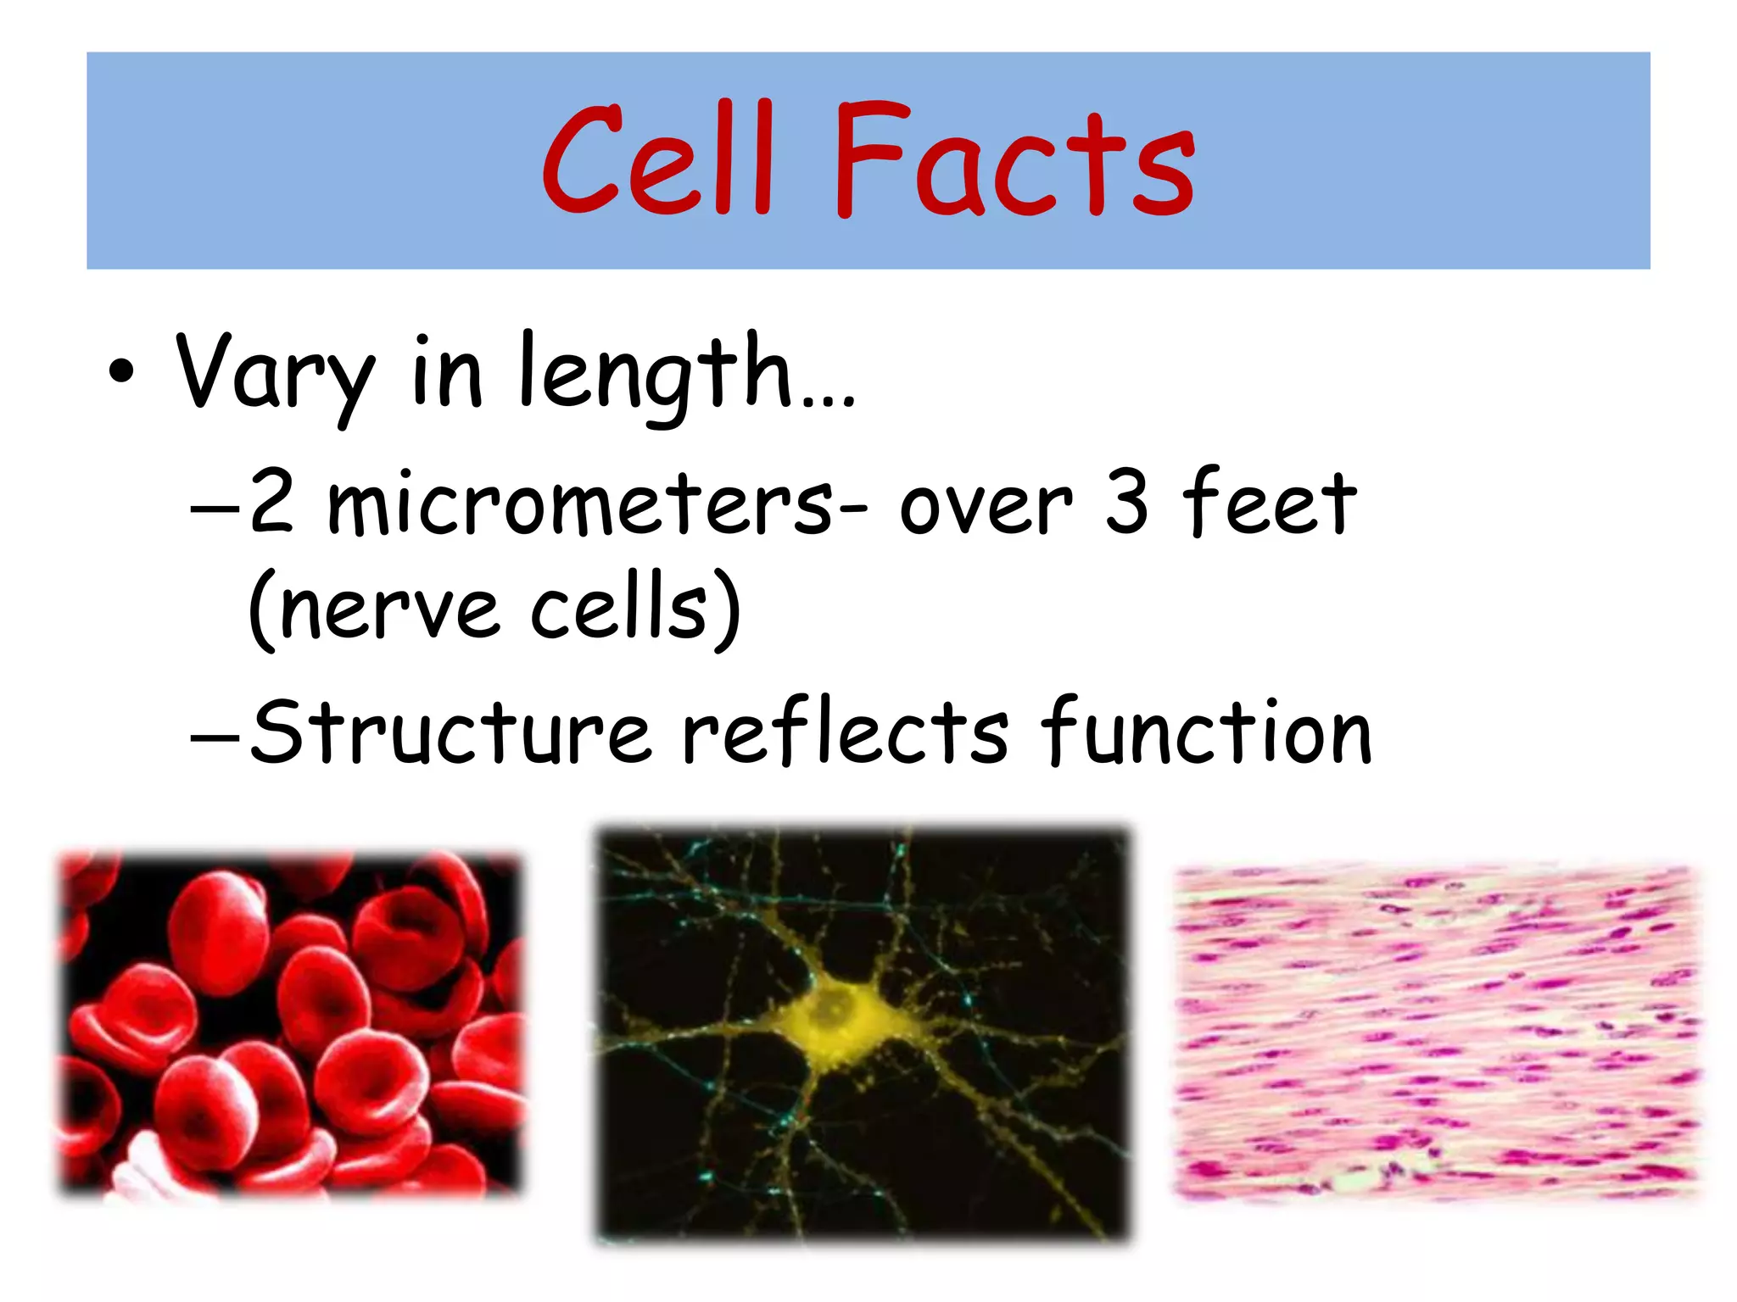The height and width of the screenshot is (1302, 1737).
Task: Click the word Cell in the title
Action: point(657,161)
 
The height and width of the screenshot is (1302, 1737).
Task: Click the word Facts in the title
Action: point(1014,161)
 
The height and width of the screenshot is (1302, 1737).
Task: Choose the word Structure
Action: point(450,731)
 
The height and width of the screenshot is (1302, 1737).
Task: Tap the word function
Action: point(1205,731)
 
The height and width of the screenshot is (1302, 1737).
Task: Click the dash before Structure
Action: point(216,732)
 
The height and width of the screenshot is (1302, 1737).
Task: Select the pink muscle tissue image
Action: point(1437,1031)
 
